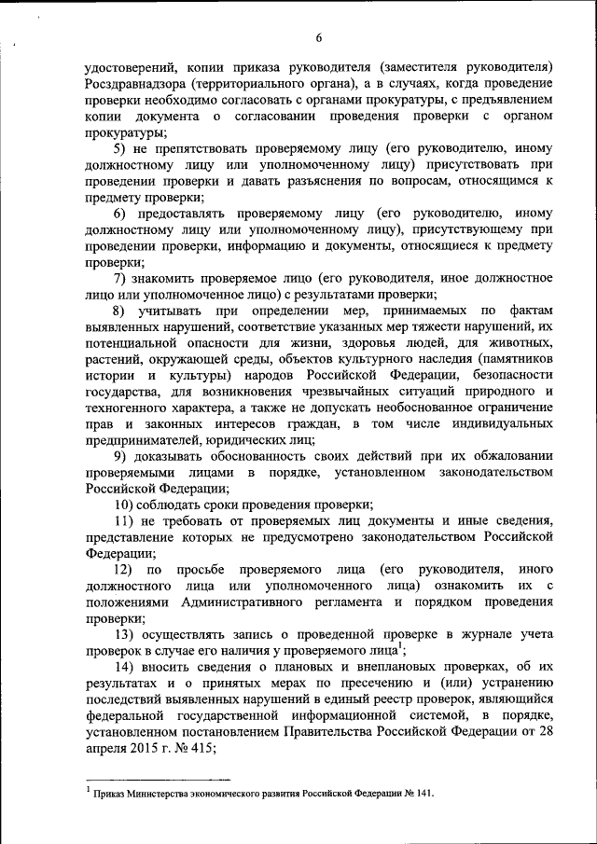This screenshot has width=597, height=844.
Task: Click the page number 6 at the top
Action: pyautogui.click(x=318, y=37)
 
